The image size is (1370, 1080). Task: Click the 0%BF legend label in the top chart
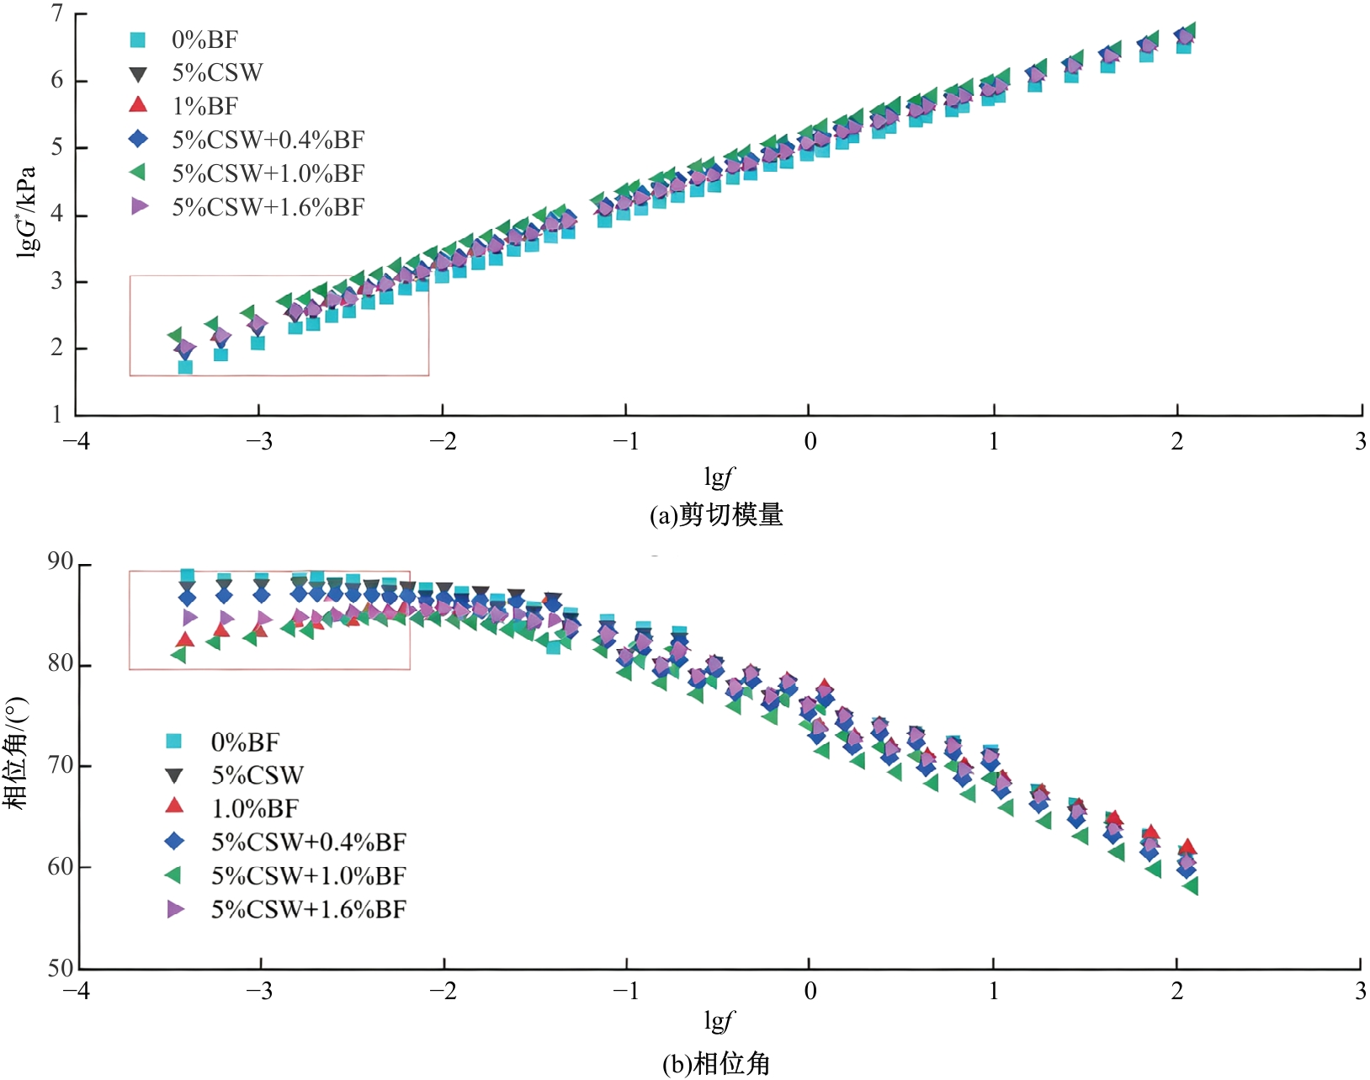[204, 40]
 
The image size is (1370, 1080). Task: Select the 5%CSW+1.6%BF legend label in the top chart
[268, 207]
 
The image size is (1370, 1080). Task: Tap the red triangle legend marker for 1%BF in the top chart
[138, 105]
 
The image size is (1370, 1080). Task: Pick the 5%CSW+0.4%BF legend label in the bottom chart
[309, 842]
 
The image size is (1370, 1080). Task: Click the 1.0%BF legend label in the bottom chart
[255, 809]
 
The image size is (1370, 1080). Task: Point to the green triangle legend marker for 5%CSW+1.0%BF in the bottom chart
[174, 875]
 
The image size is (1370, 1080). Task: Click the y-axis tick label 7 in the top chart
[57, 13]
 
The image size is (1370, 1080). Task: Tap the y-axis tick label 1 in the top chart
[57, 414]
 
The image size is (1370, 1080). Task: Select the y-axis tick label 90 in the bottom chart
[61, 562]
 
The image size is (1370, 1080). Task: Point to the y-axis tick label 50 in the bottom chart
[61, 969]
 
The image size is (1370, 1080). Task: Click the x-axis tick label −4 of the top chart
[76, 441]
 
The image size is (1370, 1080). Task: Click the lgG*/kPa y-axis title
[27, 212]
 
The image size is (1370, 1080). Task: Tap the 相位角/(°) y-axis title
[15, 753]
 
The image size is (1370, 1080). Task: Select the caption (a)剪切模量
[716, 514]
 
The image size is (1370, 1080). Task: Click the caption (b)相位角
[716, 1063]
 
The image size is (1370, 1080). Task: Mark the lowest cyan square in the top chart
[185, 367]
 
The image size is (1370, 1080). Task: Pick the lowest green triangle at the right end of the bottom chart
[1191, 886]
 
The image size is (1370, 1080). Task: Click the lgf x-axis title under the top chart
[720, 476]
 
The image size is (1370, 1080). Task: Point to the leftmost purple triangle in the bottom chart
[189, 617]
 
